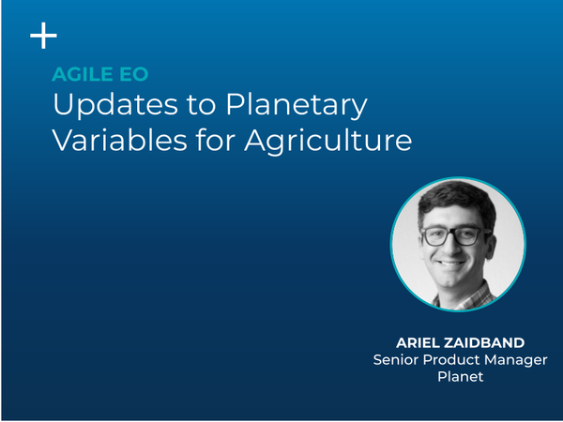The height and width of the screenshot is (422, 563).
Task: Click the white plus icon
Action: tap(43, 36)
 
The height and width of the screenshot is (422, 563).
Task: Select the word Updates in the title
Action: tap(115, 105)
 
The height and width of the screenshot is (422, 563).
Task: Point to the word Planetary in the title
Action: tap(297, 105)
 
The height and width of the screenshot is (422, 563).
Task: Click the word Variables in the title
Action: tap(120, 139)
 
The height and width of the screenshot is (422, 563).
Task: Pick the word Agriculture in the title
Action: tap(328, 141)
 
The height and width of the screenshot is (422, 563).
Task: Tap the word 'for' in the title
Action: tap(216, 139)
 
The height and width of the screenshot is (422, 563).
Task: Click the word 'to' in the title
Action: tap(201, 105)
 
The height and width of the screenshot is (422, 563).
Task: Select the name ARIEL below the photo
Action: tap(418, 342)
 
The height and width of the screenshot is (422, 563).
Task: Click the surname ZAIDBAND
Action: tap(484, 342)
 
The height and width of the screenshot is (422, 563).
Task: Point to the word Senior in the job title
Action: tap(396, 359)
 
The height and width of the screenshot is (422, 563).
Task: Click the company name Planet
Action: tap(461, 376)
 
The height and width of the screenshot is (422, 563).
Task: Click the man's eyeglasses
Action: tap(456, 236)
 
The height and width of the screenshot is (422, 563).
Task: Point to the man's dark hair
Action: tap(458, 201)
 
